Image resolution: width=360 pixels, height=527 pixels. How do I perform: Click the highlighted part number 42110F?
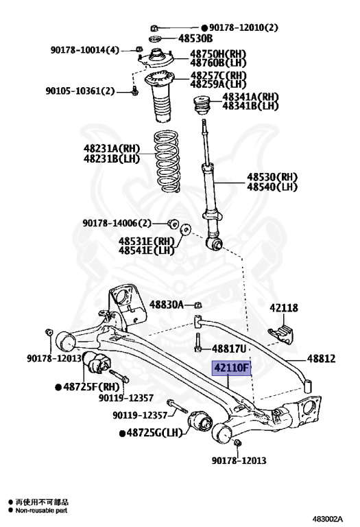pos(231,368)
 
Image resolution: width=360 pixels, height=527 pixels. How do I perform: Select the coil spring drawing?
pos(167,161)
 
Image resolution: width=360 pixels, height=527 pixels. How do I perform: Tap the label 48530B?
pos(195,38)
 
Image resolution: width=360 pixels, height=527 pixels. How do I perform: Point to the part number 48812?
pos(321,359)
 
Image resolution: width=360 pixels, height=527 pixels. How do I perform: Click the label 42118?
pos(284,308)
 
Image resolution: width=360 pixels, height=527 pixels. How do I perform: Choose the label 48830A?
pos(167,305)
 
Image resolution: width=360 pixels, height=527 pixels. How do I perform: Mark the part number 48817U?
pos(229,349)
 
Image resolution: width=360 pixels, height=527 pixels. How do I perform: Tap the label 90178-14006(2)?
pos(117,223)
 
